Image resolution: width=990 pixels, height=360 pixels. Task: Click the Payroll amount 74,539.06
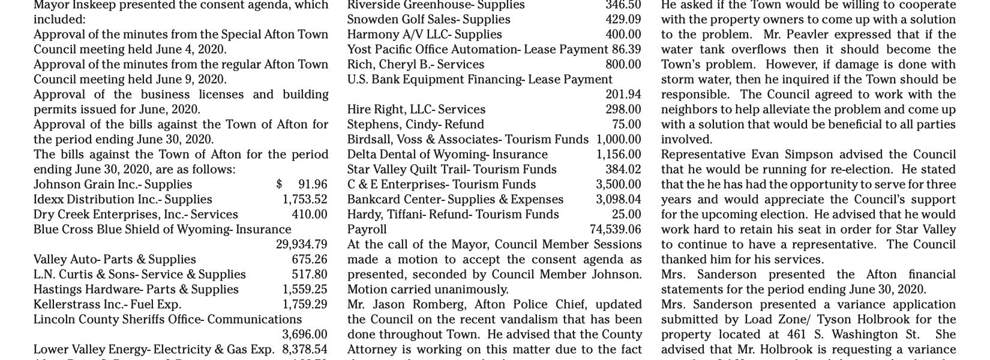(615, 229)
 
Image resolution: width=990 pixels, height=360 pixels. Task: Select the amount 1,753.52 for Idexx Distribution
(305, 199)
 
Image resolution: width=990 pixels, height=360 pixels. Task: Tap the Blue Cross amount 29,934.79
(301, 244)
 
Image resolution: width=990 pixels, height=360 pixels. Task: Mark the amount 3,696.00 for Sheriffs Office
(305, 334)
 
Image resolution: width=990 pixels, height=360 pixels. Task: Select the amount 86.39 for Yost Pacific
(626, 49)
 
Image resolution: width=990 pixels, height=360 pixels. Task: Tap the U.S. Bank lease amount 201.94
(623, 94)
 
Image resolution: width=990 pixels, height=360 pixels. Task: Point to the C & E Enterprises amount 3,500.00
(618, 184)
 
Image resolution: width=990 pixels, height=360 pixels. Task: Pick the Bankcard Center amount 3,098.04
(618, 199)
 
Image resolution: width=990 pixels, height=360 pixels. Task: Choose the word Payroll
(367, 229)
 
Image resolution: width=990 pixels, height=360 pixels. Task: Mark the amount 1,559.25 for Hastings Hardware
(305, 289)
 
